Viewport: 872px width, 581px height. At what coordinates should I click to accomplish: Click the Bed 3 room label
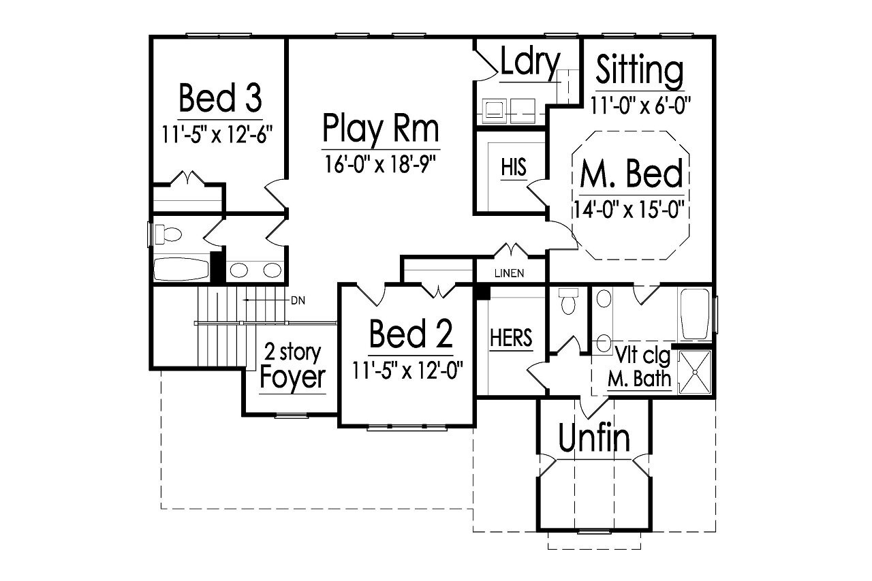219,98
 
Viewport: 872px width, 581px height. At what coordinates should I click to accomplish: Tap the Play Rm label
380,128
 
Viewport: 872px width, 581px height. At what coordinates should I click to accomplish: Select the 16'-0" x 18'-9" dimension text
380,164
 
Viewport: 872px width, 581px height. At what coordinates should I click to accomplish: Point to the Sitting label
639,69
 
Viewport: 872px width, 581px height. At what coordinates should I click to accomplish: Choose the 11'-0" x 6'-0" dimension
641,105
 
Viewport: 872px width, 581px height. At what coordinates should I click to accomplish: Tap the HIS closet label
514,168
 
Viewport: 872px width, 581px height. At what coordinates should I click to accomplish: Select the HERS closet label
511,338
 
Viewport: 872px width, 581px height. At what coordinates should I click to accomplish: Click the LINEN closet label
509,274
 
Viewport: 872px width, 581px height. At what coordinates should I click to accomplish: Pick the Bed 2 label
410,334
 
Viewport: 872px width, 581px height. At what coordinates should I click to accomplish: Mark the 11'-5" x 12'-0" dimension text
408,371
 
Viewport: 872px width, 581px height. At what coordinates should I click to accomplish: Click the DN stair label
297,300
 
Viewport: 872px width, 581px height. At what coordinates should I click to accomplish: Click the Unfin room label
595,439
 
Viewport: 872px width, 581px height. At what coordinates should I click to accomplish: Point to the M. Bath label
639,379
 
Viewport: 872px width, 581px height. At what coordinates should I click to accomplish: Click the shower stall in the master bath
694,373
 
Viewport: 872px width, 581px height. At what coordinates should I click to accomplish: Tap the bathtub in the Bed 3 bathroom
181,269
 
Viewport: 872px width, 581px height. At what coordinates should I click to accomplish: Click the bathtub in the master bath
696,315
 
